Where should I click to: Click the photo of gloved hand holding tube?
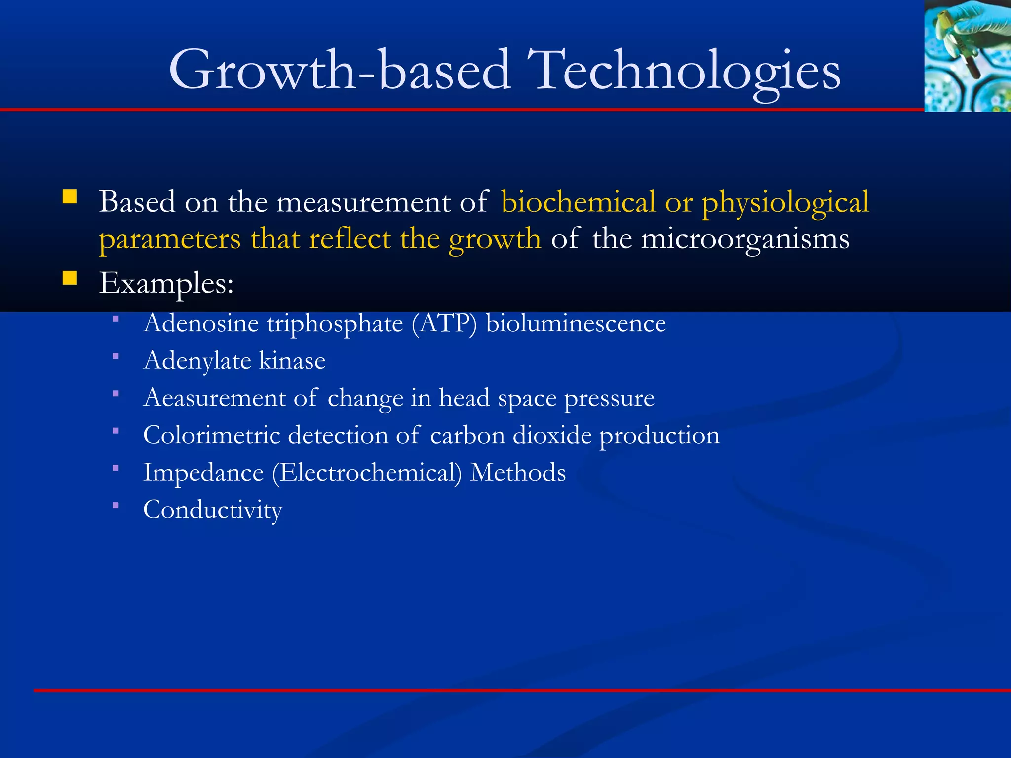pos(967,55)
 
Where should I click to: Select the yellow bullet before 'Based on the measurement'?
pos(70,197)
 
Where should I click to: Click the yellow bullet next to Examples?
pos(70,279)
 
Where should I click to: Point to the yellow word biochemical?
pos(579,202)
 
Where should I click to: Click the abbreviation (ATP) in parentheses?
pos(444,324)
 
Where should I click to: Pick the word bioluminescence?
pos(576,324)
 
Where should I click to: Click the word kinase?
pos(292,360)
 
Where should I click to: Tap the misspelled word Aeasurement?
pos(214,398)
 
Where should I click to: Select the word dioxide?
pos(552,435)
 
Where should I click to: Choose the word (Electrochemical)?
pos(367,473)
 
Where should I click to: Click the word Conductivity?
pos(213,510)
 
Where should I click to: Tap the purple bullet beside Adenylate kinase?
pos(116,356)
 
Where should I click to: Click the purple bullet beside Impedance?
pos(116,468)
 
